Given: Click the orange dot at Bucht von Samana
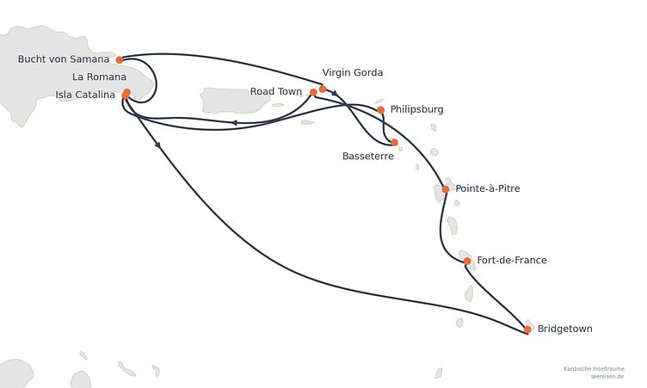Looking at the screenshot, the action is coord(120,60).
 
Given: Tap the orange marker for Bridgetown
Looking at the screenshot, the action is coord(527,329).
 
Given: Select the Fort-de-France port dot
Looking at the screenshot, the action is coord(467,261).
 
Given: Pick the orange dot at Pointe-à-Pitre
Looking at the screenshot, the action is coord(446,189).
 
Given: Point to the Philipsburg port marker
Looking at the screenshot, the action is coord(381,110).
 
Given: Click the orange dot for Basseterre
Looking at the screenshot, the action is coord(394,143).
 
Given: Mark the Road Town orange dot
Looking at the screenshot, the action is coord(313,92).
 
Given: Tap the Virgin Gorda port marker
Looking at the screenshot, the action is coord(323,89).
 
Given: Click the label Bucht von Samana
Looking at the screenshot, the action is coord(64,59).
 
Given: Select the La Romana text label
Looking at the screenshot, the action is coord(99,77).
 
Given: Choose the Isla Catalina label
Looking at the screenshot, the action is coord(85,95).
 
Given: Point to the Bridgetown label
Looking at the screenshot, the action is coord(565,329).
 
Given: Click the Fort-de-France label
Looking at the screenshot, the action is coord(512,260).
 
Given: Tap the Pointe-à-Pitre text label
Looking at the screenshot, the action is coord(488,188).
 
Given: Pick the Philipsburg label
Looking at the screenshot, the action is coord(416,109).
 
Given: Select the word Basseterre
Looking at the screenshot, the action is coord(368,156).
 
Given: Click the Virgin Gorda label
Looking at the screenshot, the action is coord(353,72).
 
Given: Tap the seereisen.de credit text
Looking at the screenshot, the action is coord(607,377).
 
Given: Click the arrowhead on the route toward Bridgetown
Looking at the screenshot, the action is coord(157,145).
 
